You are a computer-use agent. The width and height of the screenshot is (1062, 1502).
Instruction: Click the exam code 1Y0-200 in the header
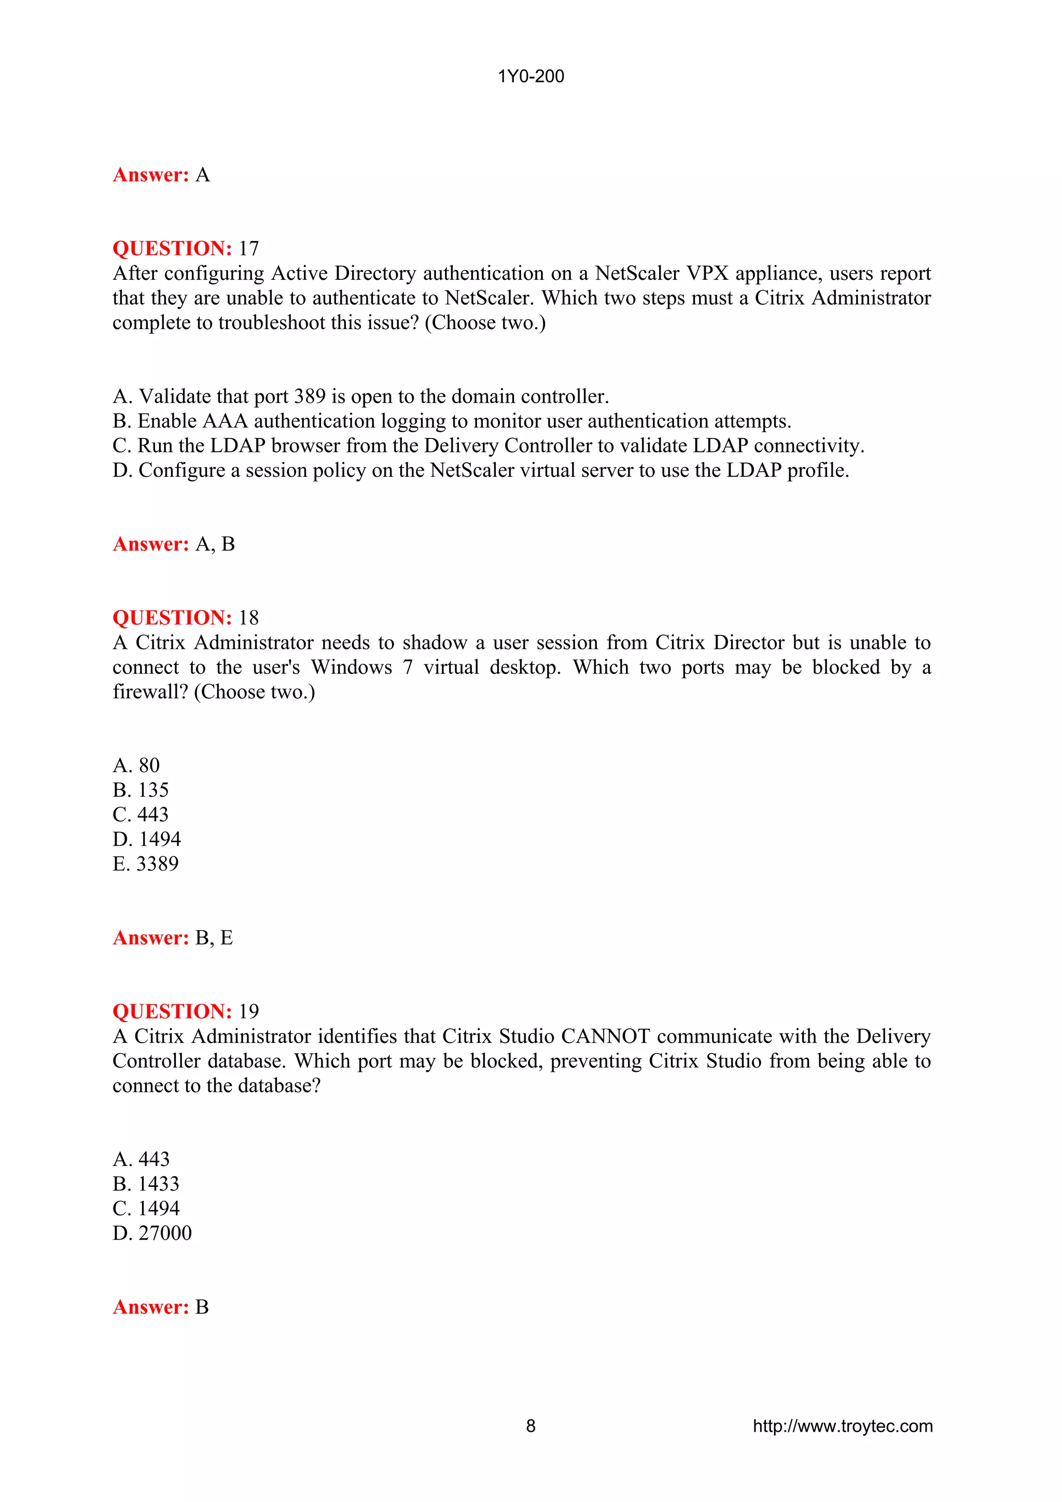click(x=530, y=77)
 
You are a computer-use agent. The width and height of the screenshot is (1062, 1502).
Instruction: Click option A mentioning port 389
click(x=360, y=396)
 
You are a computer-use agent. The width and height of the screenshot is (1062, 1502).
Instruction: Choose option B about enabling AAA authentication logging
click(x=452, y=421)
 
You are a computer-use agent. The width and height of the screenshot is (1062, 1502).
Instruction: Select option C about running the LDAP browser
click(x=488, y=446)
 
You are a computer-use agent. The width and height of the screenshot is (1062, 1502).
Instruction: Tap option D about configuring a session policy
click(x=480, y=471)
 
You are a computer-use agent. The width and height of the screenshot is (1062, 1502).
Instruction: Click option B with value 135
click(x=141, y=790)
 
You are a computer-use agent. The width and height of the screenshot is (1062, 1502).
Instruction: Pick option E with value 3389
click(x=145, y=864)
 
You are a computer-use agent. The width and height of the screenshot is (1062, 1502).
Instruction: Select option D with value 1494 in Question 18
click(x=147, y=839)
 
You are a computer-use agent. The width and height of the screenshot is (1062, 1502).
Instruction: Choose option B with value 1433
click(x=146, y=1184)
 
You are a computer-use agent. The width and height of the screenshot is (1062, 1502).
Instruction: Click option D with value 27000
click(x=152, y=1233)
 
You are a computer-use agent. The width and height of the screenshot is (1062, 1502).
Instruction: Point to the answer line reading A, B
click(x=173, y=544)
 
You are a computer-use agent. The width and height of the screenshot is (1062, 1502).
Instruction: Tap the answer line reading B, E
click(x=173, y=938)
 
